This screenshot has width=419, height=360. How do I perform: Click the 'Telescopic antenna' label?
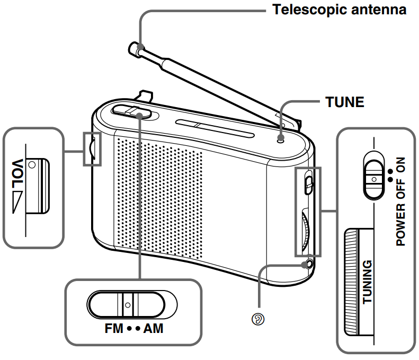click(339, 10)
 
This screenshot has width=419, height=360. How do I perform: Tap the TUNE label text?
click(344, 102)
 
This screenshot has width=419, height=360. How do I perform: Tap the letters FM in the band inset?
click(113, 328)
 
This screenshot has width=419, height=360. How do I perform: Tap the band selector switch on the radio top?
click(132, 111)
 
